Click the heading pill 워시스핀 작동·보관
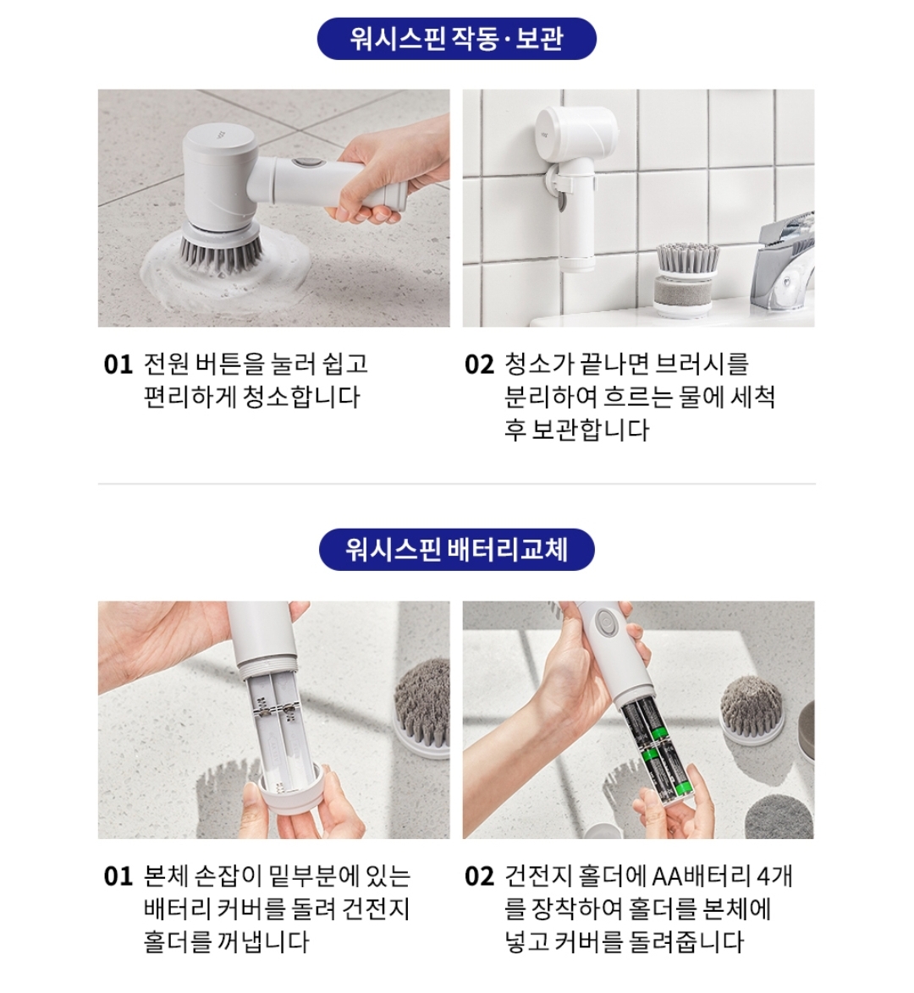click(x=456, y=39)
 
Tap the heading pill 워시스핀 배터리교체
click(x=456, y=549)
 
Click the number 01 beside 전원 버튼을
click(x=118, y=365)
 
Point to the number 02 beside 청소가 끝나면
click(x=479, y=365)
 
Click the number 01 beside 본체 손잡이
click(x=118, y=876)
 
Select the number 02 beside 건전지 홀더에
click(x=479, y=876)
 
